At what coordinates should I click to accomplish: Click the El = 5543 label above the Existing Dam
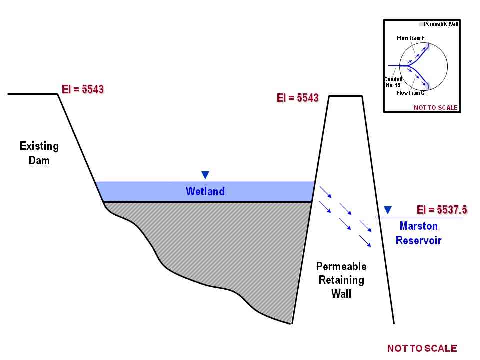coord(83,90)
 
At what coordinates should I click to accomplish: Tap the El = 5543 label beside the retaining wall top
coord(297,98)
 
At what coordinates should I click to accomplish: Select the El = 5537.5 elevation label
coord(442,210)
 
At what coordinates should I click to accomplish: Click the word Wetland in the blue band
coord(205,191)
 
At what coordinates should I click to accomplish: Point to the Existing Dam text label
coord(39,153)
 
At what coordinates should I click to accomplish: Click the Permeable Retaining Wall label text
coord(341,280)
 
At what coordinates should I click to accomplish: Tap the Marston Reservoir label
coord(418,233)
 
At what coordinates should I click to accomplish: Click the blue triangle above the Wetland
coord(205,175)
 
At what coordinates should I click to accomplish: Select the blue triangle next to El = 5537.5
coord(388,210)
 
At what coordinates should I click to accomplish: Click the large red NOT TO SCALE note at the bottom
coord(422,348)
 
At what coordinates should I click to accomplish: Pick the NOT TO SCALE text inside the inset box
coord(435,108)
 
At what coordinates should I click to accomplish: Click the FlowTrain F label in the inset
coord(411,38)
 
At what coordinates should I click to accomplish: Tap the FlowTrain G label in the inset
coord(410,93)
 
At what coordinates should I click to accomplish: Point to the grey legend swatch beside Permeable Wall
coord(421,24)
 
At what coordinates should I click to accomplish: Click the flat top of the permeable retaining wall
coord(345,96)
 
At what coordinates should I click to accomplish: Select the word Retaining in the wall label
coord(341,280)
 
